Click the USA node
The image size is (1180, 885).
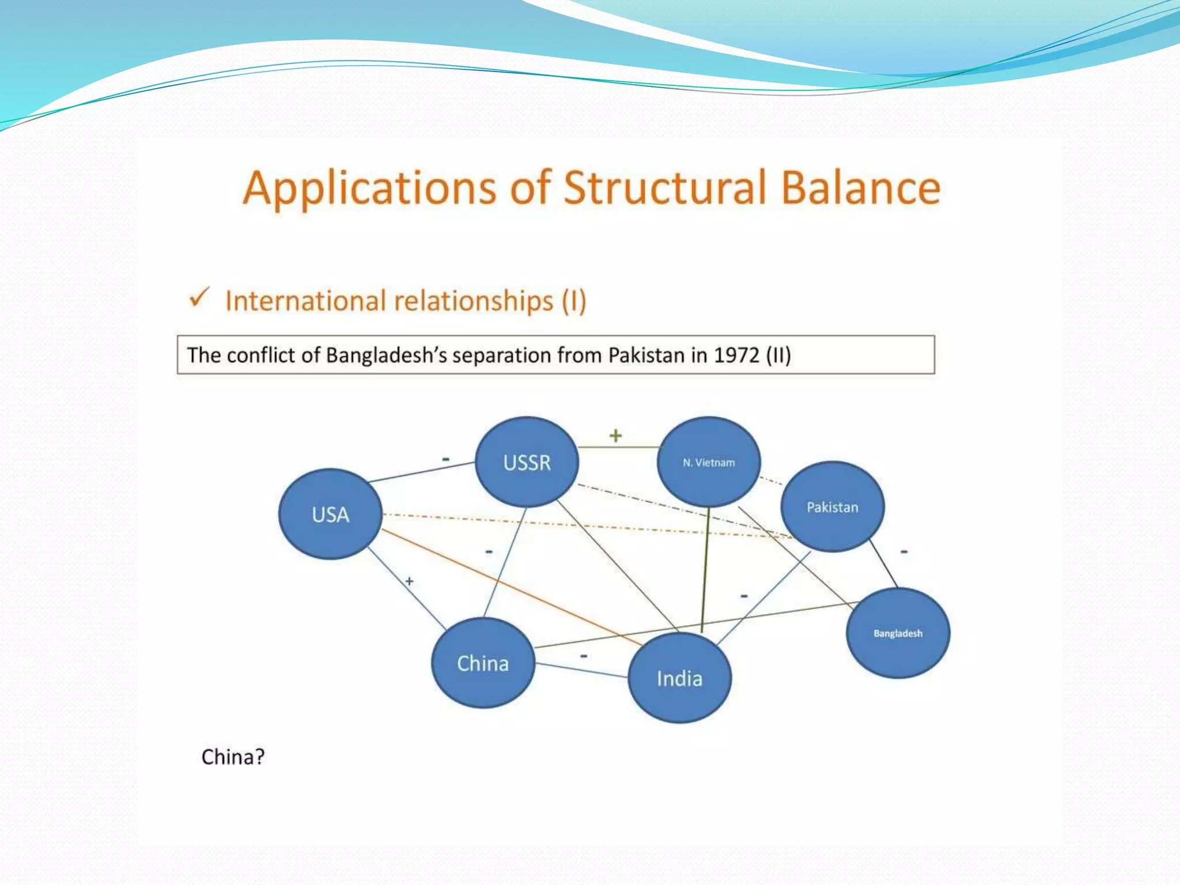tap(330, 514)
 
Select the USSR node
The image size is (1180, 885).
tap(527, 462)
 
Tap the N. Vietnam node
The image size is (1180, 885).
tap(709, 462)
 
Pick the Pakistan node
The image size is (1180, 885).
tap(832, 507)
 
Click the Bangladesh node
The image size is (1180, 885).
tap(898, 633)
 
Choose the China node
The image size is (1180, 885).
tap(483, 663)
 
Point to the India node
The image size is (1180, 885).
tap(679, 678)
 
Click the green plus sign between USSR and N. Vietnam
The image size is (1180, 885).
tap(615, 436)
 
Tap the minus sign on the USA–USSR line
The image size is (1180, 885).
tap(445, 459)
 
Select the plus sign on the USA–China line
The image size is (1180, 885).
tap(409, 581)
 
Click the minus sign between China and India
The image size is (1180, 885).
tap(584, 656)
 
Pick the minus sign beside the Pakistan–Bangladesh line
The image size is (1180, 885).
tap(904, 551)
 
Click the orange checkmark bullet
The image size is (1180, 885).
tap(199, 298)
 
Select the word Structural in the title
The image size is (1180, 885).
tap(665, 188)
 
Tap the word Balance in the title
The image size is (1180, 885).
tap(861, 188)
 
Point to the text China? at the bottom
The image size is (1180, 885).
tap(233, 757)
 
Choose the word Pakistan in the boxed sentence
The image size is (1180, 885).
tap(646, 355)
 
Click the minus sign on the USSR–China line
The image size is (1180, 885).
tap(489, 552)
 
